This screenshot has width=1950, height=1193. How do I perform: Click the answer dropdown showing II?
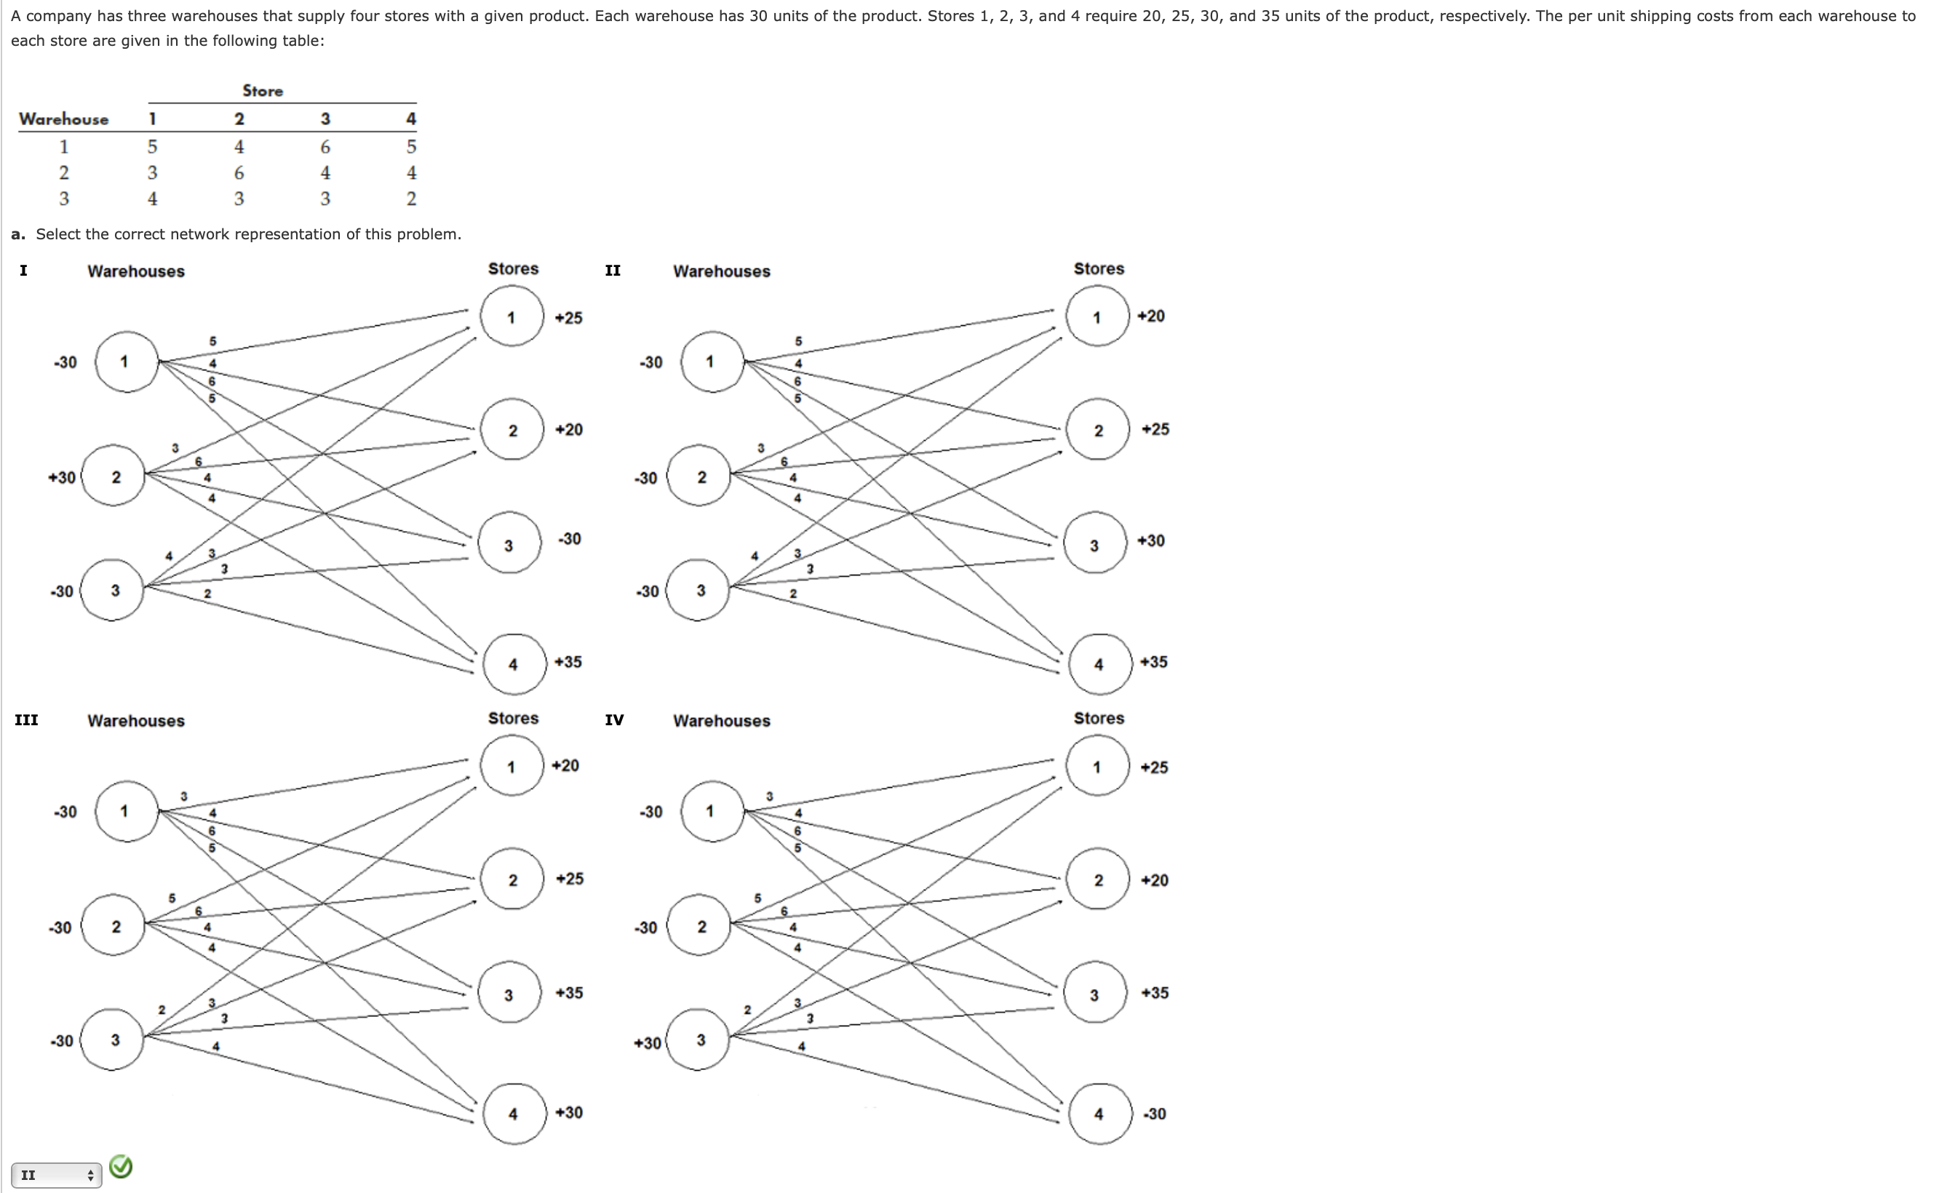[x=55, y=1175]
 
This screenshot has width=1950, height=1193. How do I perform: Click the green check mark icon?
[x=120, y=1166]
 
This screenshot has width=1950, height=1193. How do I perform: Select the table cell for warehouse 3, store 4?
[x=410, y=199]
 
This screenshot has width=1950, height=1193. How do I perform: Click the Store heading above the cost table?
[x=263, y=91]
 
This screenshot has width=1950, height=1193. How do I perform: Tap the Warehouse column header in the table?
[x=63, y=119]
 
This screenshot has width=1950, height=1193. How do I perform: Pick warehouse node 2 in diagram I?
[x=114, y=476]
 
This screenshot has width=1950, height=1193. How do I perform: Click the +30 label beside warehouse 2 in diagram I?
[x=62, y=477]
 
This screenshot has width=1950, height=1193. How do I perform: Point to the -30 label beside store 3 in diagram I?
[x=569, y=539]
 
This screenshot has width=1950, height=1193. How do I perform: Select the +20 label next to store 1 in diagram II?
[x=1150, y=316]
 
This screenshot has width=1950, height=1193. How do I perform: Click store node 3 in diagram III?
[x=509, y=993]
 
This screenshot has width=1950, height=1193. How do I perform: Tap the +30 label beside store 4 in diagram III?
[x=569, y=1112]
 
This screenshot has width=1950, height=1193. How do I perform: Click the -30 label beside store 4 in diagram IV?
[x=1154, y=1114]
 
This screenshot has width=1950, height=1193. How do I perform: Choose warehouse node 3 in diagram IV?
[x=699, y=1040]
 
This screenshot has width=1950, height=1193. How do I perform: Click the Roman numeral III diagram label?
[x=26, y=720]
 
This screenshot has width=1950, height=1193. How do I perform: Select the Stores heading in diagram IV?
[x=1099, y=718]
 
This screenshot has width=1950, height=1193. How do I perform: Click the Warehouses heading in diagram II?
[x=721, y=271]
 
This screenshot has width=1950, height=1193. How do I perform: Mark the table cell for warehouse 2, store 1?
[x=152, y=172]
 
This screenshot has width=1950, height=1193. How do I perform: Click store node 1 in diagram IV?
[x=1097, y=767]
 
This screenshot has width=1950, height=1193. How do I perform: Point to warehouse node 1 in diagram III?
[x=126, y=811]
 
